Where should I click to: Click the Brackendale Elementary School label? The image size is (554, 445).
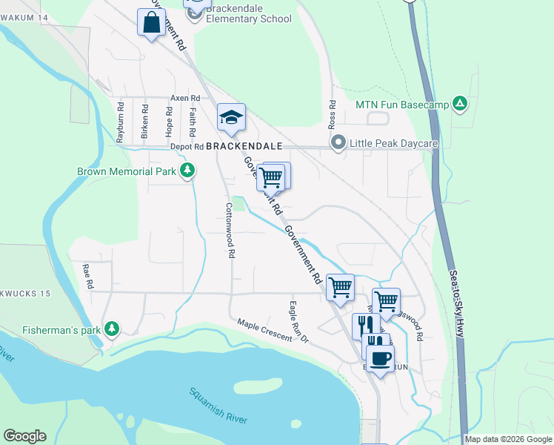point(250,13)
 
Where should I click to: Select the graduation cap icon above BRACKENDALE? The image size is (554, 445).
point(231,117)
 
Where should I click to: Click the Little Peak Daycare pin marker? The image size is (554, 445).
point(338,142)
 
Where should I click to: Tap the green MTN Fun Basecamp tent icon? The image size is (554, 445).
point(460,105)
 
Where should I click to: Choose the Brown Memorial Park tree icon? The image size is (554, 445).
point(188,171)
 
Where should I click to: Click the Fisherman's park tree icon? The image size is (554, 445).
point(111,328)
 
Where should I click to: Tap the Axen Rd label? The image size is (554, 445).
point(185,98)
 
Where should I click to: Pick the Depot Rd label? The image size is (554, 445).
point(186,147)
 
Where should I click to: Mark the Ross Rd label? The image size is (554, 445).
point(332,114)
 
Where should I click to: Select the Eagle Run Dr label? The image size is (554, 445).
point(298,321)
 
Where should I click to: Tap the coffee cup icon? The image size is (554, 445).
point(380,358)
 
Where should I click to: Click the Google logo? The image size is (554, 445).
point(24,436)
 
